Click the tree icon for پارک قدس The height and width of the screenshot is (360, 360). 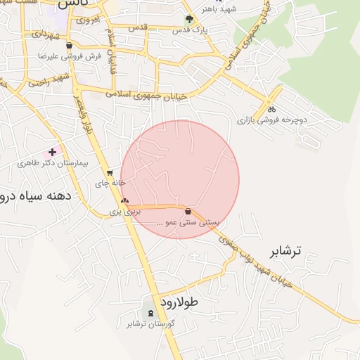188,20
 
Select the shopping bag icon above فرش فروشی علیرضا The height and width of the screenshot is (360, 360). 68,45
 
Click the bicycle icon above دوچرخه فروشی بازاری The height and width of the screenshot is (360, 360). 271,109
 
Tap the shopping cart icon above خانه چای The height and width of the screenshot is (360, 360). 110,172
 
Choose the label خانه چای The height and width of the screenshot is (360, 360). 110,183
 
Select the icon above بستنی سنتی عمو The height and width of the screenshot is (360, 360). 188,212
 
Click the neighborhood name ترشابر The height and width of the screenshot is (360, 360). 285,251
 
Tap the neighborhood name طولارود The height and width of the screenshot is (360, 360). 180,302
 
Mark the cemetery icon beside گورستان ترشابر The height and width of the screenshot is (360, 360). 150,312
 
